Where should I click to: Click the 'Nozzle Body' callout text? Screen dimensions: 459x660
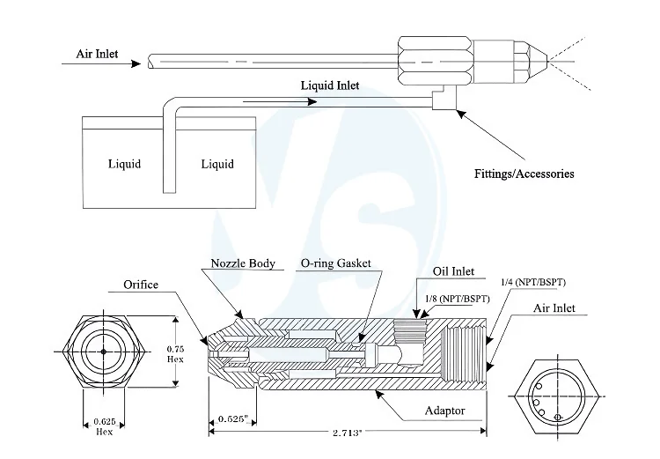click(x=243, y=263)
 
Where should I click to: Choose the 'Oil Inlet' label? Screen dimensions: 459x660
click(x=455, y=271)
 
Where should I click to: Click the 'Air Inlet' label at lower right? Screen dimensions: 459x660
click(x=555, y=308)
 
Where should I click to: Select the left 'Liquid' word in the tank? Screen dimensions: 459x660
click(x=124, y=164)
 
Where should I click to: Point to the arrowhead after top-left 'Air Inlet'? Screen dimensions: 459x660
click(x=135, y=64)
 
